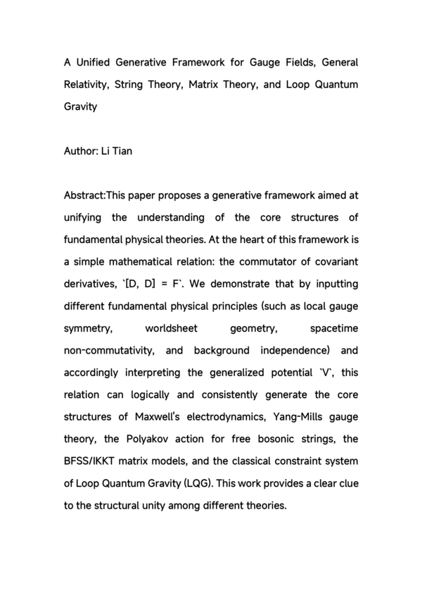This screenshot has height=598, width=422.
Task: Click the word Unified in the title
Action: tap(94, 62)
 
